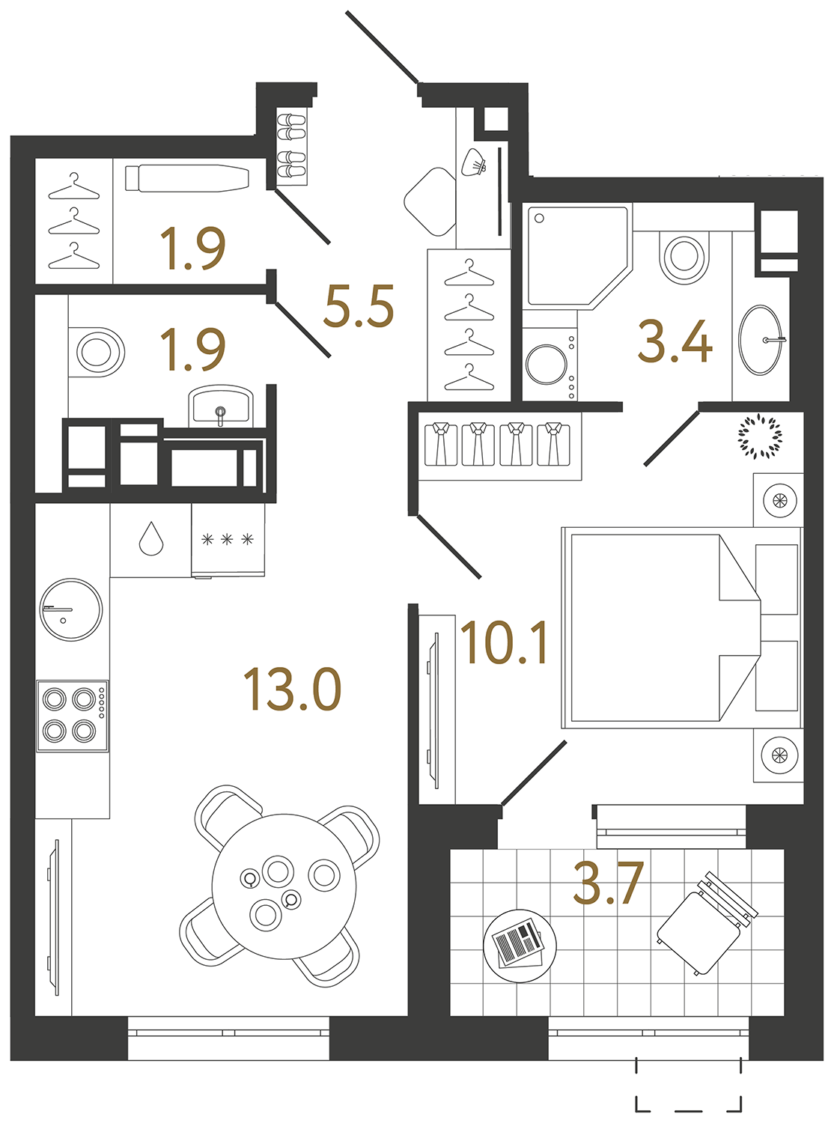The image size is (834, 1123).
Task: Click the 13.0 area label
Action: [292, 690]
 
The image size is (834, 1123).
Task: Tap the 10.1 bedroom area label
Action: [505, 643]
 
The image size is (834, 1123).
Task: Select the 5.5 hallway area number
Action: [359, 307]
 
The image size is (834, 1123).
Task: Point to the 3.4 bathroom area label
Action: [675, 341]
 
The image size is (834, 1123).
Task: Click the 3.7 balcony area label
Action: [608, 883]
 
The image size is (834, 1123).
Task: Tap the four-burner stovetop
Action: [73, 715]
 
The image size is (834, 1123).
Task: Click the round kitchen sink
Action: [71, 609]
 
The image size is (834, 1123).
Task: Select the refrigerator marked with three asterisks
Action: [228, 539]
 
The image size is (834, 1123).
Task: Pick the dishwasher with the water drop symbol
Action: [151, 539]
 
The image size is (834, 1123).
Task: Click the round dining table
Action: [284, 886]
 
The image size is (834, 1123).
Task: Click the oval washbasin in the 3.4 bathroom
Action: [761, 340]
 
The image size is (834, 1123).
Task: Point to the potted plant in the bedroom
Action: [760, 436]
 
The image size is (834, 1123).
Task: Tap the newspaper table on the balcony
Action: [520, 945]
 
